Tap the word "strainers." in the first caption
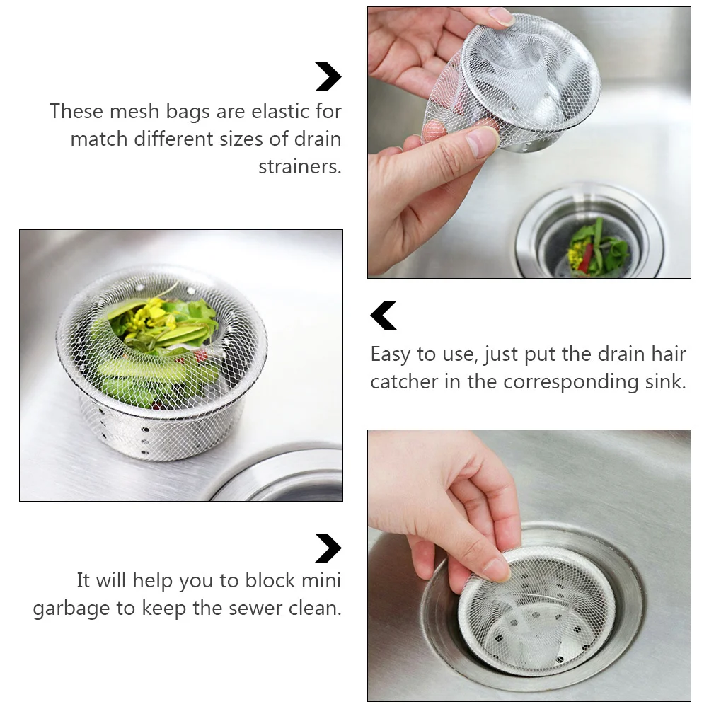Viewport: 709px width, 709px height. [300, 167]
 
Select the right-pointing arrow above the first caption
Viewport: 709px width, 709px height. [328, 77]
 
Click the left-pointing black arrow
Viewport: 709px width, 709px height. [384, 316]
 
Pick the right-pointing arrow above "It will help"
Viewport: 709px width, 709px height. [328, 548]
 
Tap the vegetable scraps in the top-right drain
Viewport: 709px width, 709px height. [596, 249]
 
